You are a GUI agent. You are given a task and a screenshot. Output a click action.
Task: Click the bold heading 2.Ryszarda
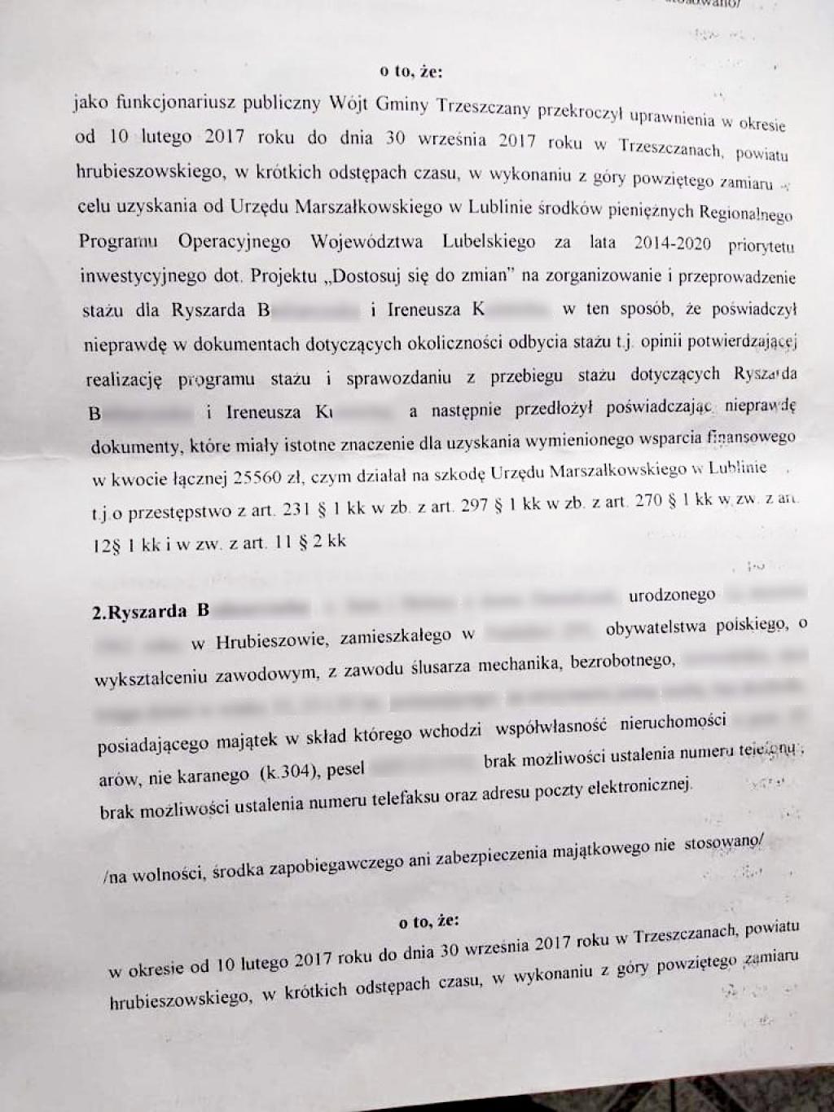(143, 613)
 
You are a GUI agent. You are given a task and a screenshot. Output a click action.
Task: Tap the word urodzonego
(672, 596)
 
